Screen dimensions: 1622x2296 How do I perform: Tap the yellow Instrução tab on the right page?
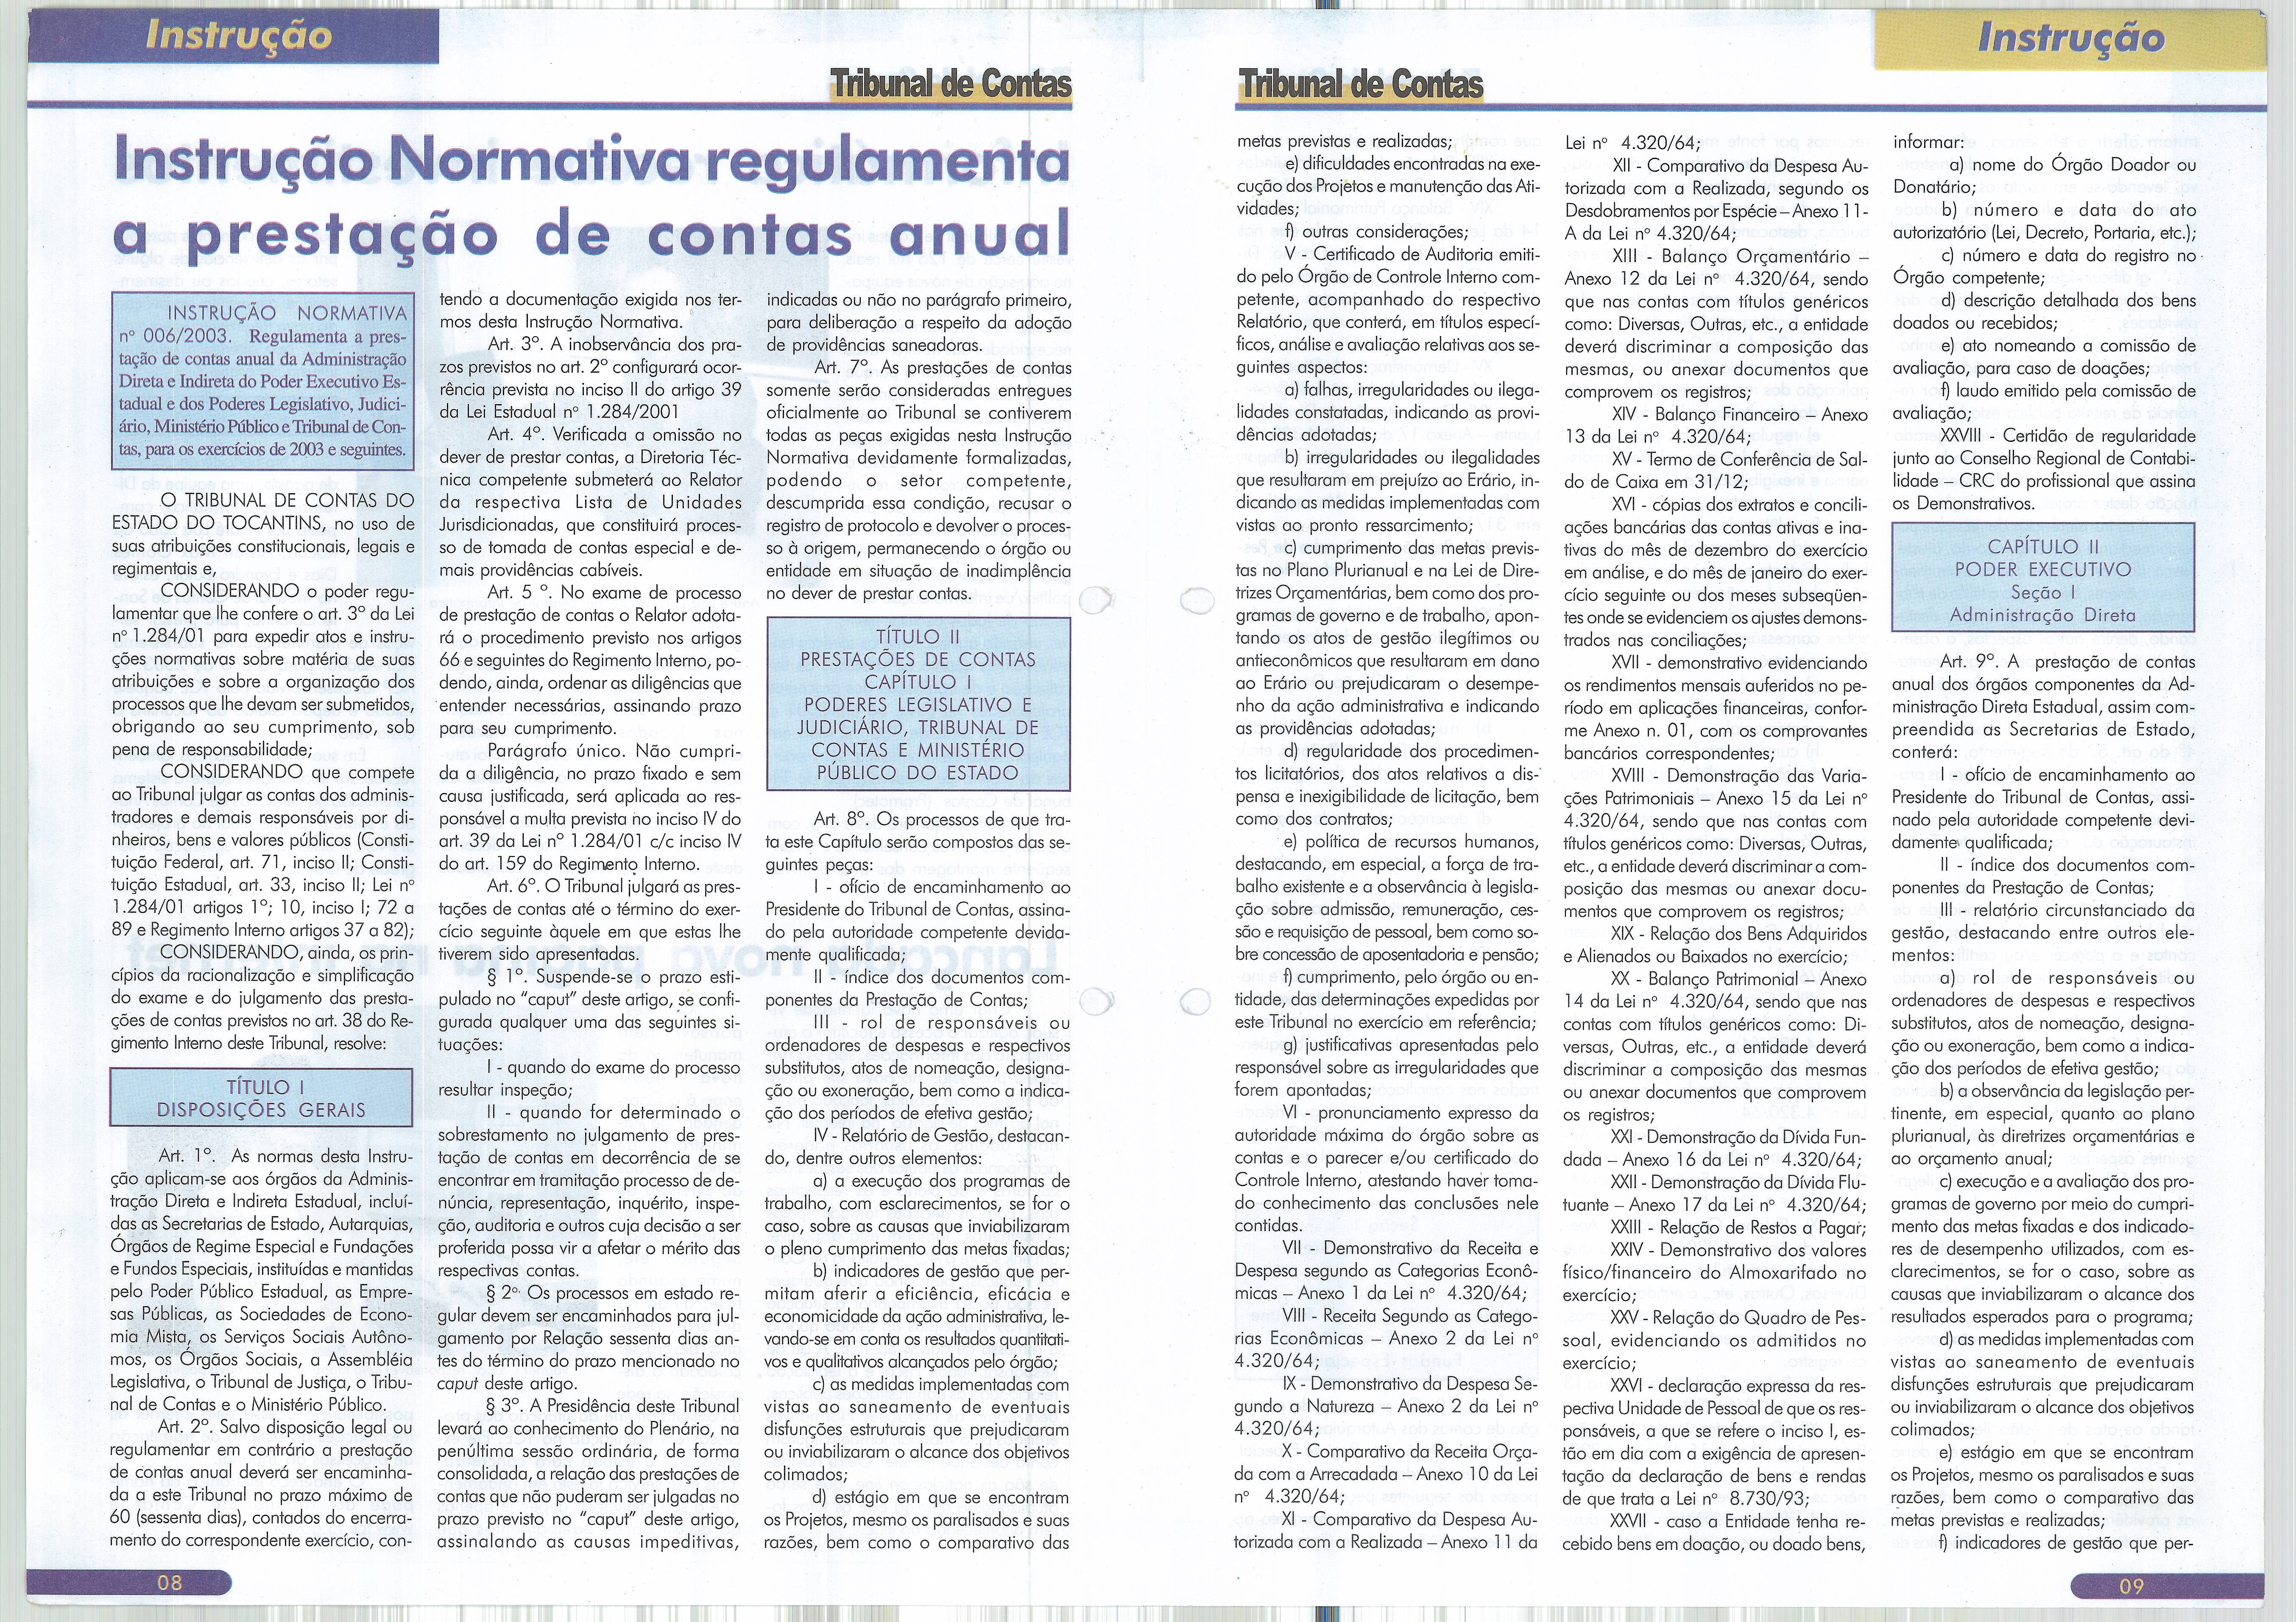coord(2070,38)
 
